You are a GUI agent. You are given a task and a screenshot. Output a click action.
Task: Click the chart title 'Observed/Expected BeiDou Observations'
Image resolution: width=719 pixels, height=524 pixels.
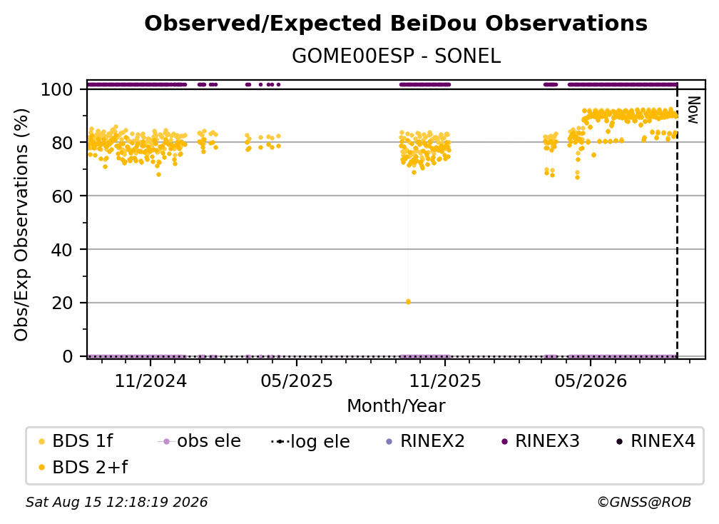click(x=396, y=24)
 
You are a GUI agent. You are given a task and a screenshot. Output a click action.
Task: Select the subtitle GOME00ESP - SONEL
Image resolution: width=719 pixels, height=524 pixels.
click(x=396, y=56)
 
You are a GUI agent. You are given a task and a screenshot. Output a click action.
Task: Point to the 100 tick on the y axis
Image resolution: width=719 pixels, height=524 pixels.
click(x=57, y=89)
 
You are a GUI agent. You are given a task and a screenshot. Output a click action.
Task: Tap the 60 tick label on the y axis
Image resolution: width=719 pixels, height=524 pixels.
click(x=62, y=196)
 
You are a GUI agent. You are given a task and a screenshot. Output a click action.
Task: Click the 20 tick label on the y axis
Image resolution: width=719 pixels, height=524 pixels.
click(x=62, y=303)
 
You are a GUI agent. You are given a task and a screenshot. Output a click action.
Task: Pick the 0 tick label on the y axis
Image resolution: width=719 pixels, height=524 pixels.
click(x=68, y=356)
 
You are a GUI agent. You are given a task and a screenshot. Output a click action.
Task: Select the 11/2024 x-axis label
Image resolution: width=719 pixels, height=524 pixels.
click(x=151, y=381)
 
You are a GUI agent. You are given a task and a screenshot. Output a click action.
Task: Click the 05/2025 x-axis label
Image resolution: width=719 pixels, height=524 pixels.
click(x=297, y=381)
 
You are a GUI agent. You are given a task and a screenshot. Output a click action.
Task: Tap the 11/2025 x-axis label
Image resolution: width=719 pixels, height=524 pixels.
click(x=445, y=381)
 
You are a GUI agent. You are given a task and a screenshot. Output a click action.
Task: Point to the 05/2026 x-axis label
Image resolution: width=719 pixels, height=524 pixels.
click(x=591, y=381)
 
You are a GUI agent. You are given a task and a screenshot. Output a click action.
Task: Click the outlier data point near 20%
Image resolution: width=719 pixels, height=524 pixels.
click(x=408, y=302)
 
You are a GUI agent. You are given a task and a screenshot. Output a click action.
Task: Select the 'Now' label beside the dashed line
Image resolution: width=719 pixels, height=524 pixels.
click(x=693, y=110)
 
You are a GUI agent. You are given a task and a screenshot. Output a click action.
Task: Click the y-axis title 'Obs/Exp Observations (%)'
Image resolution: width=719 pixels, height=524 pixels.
click(x=21, y=225)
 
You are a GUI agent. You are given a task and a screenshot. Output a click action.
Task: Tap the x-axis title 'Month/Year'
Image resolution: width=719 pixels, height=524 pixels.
click(x=396, y=406)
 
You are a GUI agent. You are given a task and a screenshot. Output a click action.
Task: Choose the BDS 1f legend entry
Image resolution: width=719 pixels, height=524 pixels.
click(x=76, y=441)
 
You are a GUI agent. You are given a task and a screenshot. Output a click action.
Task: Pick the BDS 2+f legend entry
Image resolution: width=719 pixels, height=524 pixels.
click(x=83, y=467)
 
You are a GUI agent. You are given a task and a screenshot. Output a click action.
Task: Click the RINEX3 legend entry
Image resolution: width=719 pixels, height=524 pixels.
click(x=541, y=441)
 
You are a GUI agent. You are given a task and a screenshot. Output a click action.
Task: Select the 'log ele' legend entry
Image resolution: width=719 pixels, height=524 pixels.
click(x=311, y=441)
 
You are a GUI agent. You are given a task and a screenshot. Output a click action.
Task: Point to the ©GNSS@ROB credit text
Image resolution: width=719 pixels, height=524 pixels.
click(x=644, y=502)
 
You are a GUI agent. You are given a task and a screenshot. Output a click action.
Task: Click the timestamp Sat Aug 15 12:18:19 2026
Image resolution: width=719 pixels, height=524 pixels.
click(x=117, y=502)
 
